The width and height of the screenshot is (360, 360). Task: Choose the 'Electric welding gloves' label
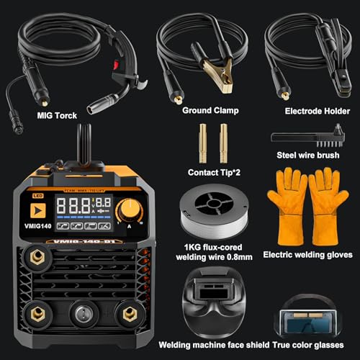tap(307, 255)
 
